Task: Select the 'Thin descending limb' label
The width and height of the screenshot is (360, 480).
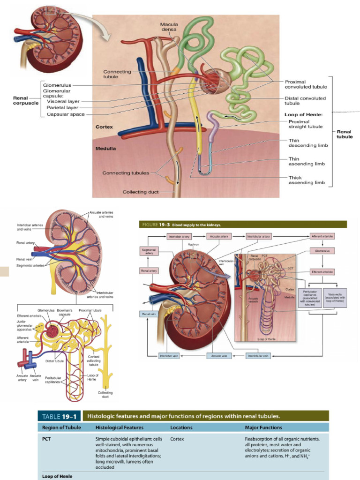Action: click(307, 143)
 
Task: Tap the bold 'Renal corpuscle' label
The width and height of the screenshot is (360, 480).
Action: click(26, 100)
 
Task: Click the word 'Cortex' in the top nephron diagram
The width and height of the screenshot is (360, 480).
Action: click(104, 127)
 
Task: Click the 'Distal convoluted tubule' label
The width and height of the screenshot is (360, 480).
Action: click(305, 101)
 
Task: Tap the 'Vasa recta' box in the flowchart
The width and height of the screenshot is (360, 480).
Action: click(335, 298)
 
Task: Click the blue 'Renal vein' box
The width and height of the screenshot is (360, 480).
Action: click(149, 314)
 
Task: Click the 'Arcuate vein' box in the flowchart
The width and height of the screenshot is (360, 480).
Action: click(219, 356)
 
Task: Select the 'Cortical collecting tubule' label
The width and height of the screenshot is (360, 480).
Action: click(94, 360)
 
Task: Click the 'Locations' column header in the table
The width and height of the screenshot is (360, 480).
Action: click(181, 427)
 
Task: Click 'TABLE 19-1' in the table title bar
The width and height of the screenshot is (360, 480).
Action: click(61, 416)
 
